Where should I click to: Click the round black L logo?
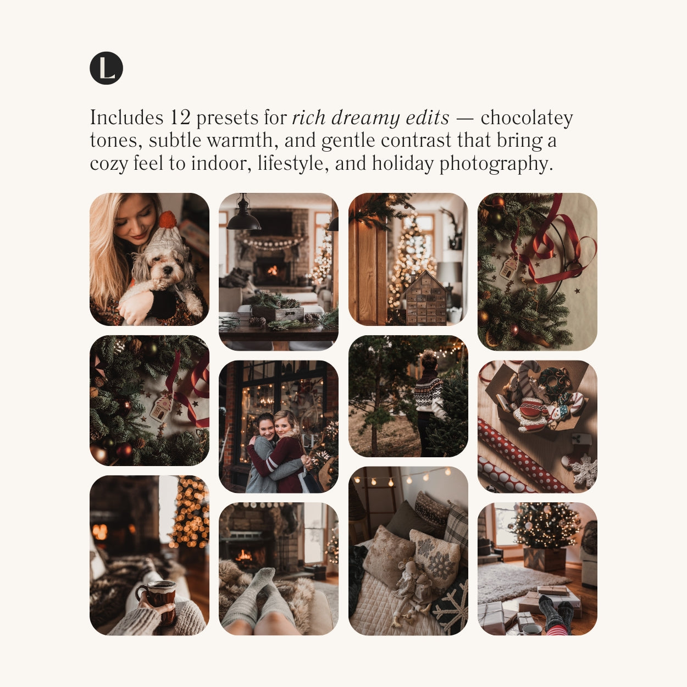106,68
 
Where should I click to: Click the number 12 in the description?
180,117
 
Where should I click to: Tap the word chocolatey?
527,118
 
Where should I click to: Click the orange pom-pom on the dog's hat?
168,219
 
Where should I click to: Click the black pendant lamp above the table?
244,215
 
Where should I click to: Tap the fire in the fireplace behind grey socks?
245,555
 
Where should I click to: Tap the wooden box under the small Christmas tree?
545,558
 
